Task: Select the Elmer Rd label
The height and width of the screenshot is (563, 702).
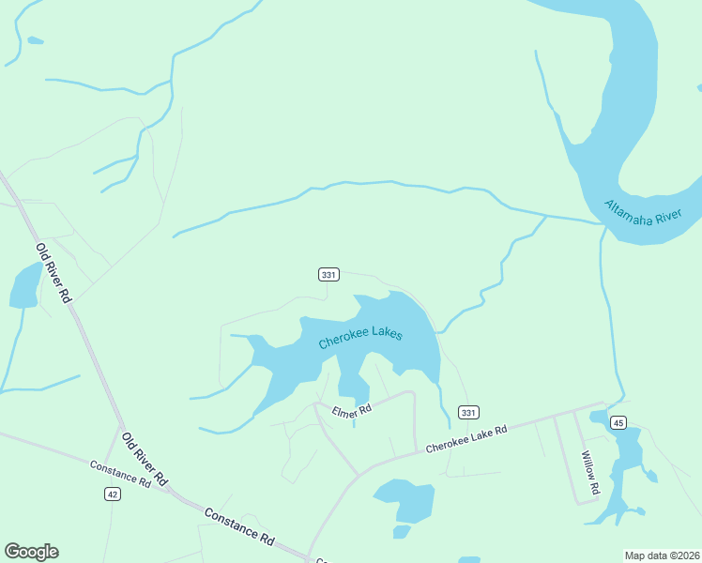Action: pos(353,410)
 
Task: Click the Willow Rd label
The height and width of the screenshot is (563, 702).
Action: pos(589,472)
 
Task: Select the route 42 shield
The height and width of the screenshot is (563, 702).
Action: pos(113,494)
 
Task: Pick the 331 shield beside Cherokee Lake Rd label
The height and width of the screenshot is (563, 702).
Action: pos(468,413)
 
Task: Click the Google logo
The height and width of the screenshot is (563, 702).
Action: pos(31,552)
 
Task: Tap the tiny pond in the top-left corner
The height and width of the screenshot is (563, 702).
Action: pos(35,40)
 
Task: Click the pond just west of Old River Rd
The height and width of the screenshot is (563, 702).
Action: pos(25,286)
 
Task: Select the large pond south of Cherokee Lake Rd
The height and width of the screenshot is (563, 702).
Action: pos(404,500)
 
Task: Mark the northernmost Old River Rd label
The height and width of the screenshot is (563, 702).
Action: pos(53,272)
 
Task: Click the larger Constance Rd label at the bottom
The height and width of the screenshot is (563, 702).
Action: pos(238,527)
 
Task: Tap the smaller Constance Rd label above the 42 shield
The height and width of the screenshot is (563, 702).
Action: pos(120,474)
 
